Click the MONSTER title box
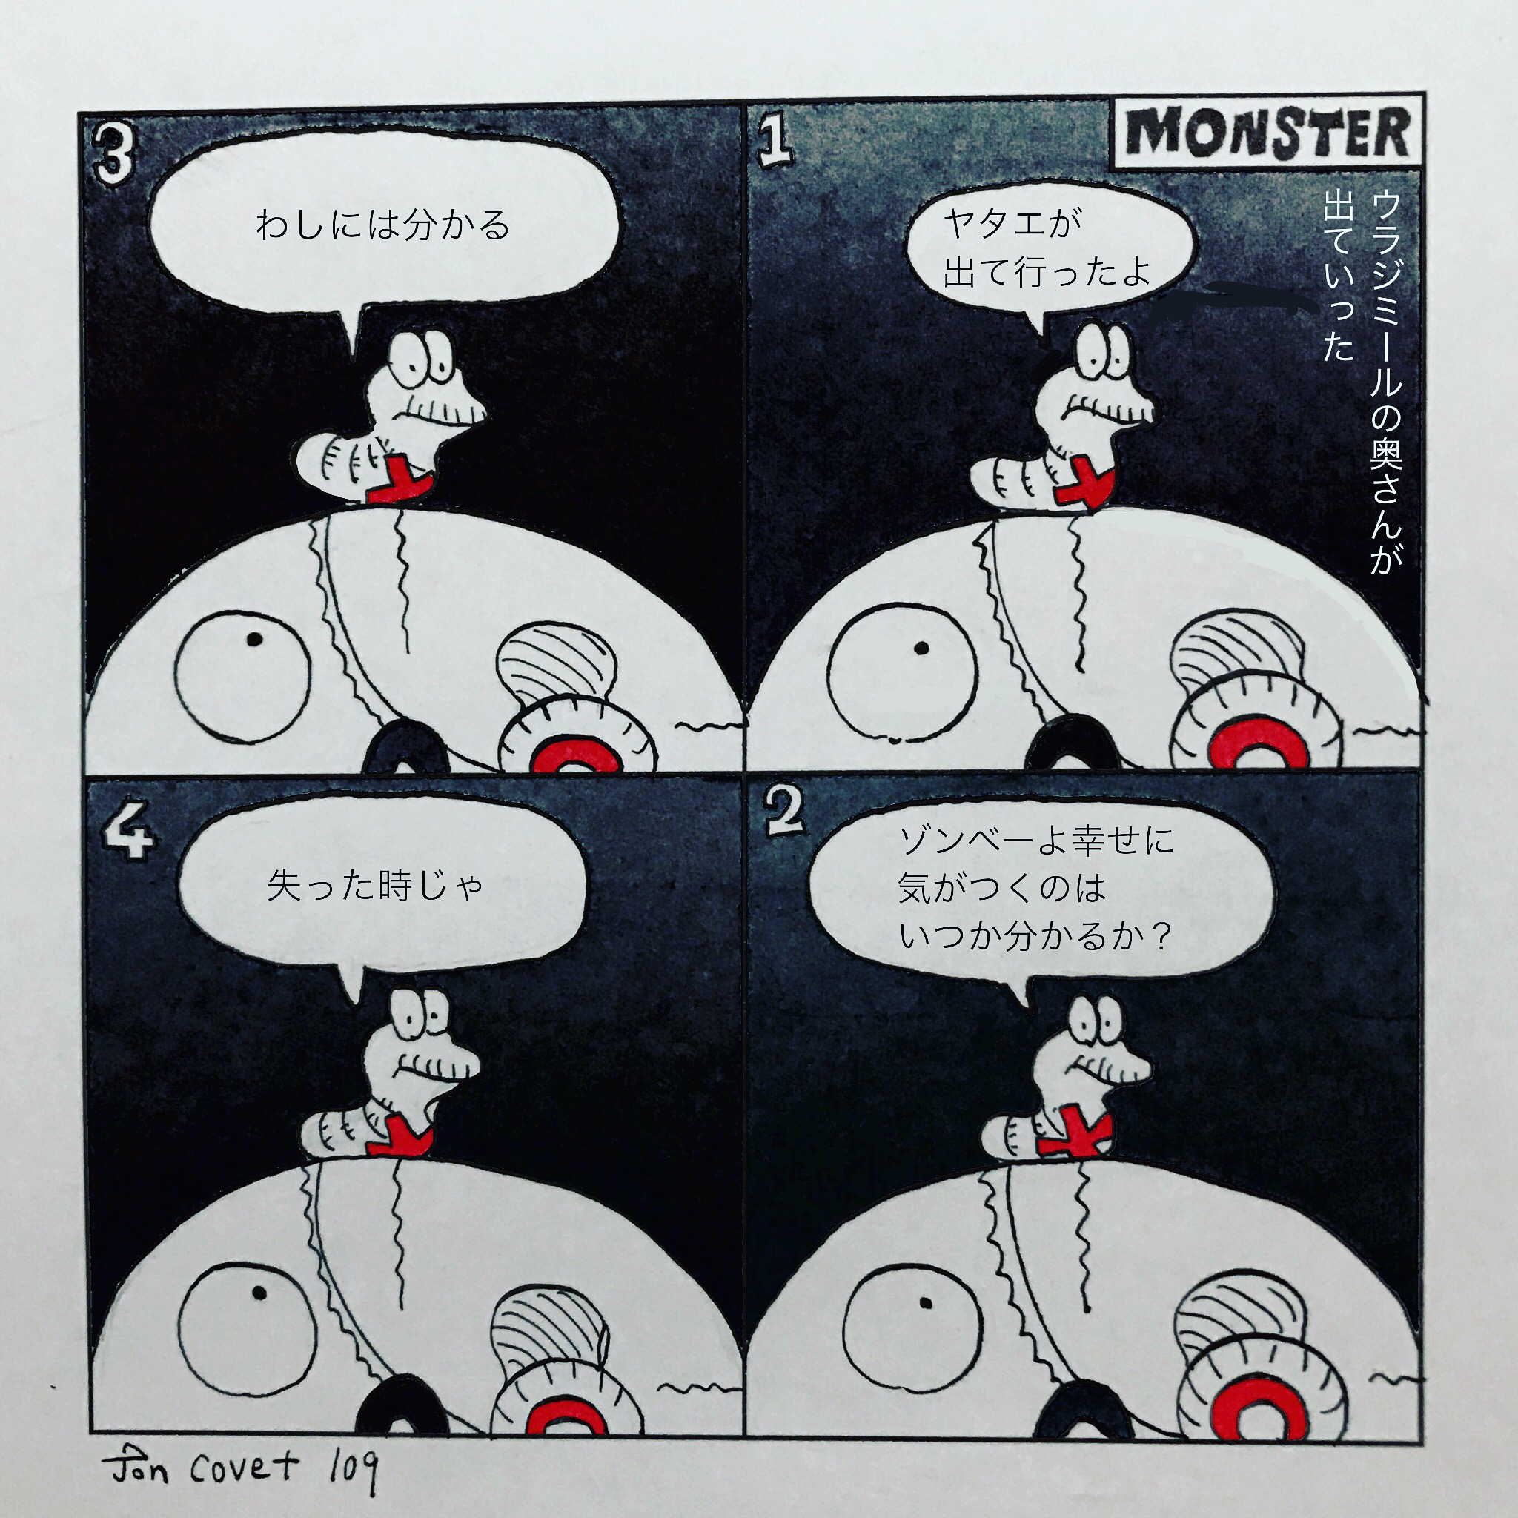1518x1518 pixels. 1267,132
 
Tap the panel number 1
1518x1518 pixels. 775,144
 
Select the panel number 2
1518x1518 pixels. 784,814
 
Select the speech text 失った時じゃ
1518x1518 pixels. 375,886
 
